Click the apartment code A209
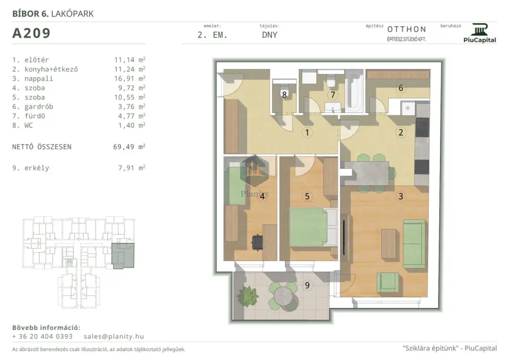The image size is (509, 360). click(32, 33)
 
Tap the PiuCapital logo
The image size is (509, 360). click(480, 33)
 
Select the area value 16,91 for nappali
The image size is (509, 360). click(124, 79)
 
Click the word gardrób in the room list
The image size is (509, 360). click(38, 107)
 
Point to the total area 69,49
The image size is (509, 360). click(124, 147)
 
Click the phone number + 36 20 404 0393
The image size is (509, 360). click(42, 337)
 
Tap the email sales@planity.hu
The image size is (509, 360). click(114, 337)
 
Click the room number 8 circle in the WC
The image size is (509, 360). click(284, 94)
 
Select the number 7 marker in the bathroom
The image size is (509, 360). click(333, 95)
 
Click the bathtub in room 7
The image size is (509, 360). click(353, 90)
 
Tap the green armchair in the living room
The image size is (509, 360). click(387, 282)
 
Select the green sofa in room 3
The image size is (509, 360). click(414, 243)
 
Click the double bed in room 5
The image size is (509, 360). click(313, 227)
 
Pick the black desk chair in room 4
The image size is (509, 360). click(257, 242)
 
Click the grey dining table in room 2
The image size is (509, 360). click(366, 173)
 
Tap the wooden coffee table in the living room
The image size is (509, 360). click(389, 244)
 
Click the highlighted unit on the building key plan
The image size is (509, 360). click(123, 255)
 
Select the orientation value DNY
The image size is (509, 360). click(269, 35)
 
